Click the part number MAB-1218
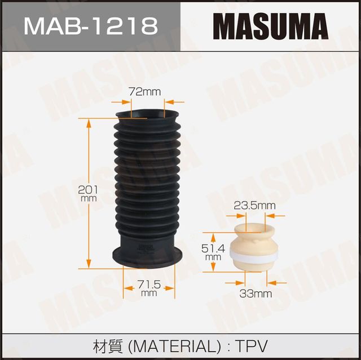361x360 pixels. (x=90, y=26)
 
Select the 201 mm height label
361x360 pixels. (x=89, y=194)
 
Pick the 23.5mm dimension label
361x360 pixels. (x=254, y=206)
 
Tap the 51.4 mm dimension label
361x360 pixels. (x=213, y=252)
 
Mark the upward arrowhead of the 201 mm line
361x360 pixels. (x=89, y=122)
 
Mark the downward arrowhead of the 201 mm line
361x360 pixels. (x=89, y=264)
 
